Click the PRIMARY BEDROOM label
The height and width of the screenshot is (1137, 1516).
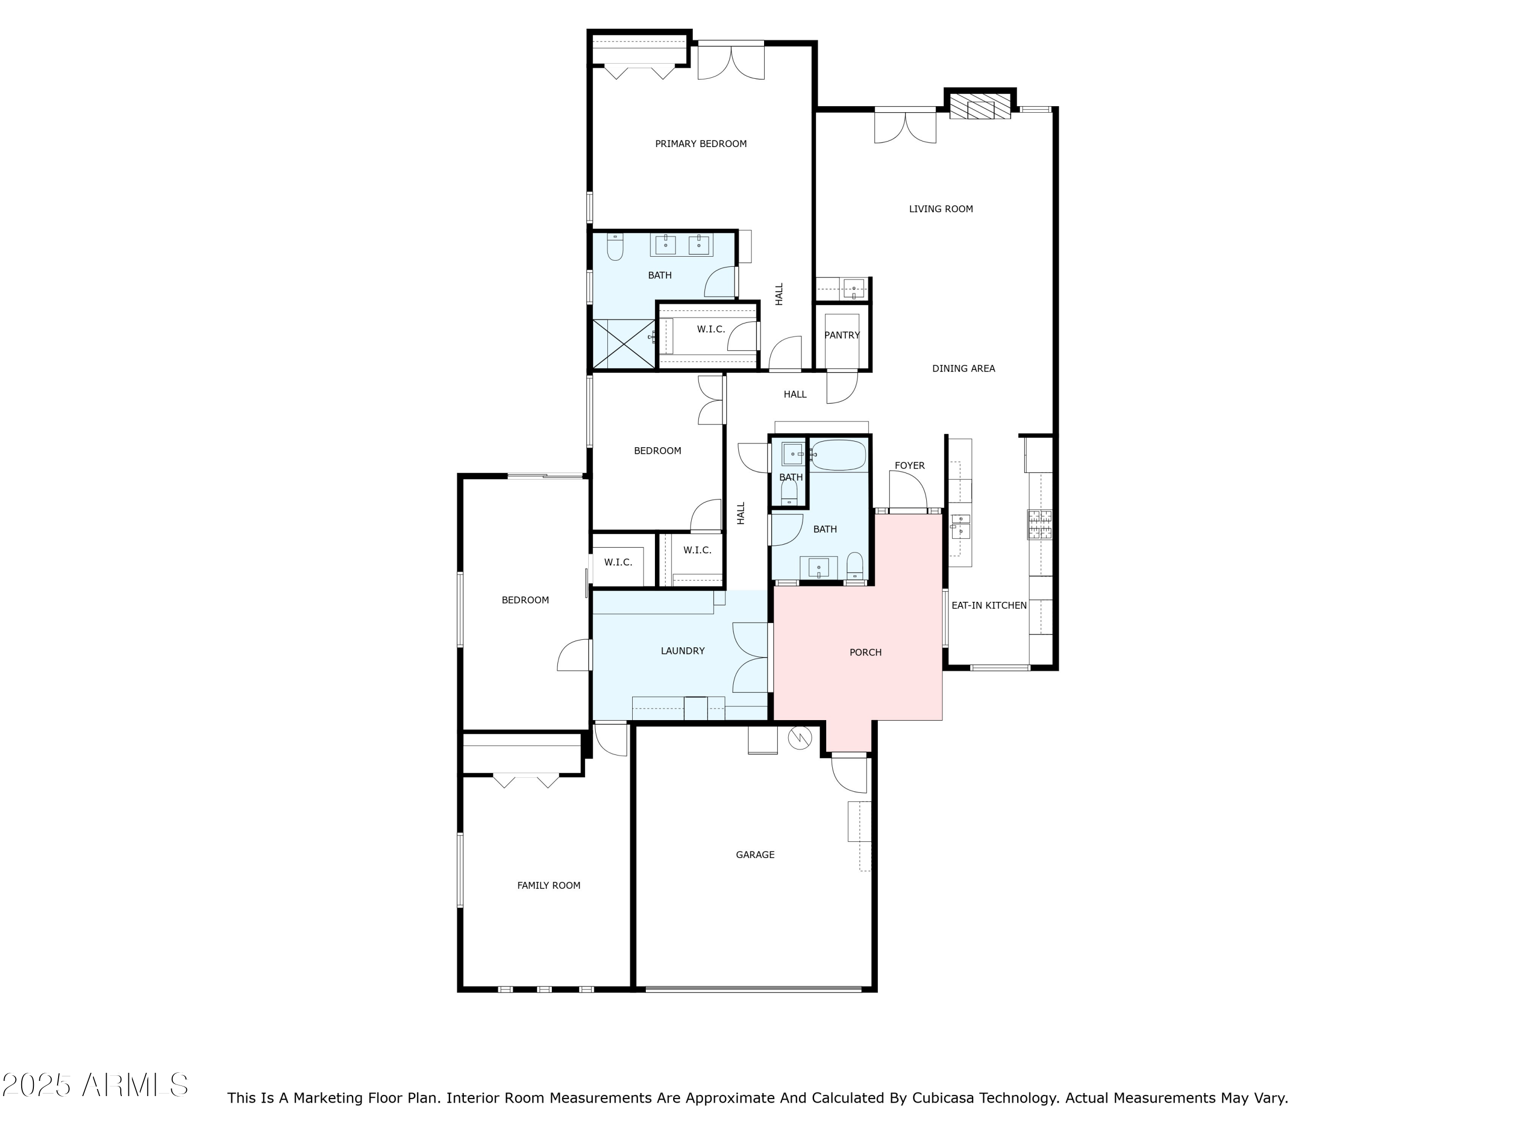click(x=700, y=144)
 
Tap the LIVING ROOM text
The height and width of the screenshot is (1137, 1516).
click(x=940, y=209)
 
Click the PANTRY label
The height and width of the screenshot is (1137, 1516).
click(x=841, y=335)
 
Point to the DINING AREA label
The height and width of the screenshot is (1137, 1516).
click(x=963, y=369)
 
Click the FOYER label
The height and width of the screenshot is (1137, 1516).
click(x=910, y=466)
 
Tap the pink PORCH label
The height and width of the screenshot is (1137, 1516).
click(x=865, y=652)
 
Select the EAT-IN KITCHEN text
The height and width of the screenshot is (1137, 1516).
click(x=988, y=606)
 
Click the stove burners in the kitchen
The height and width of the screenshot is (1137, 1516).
click(x=1039, y=525)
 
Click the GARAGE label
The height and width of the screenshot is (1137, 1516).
click(x=754, y=855)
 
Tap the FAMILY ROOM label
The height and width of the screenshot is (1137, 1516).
click(x=548, y=885)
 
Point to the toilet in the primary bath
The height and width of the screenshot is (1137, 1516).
click(x=615, y=248)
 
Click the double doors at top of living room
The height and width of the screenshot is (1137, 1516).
click(x=905, y=127)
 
